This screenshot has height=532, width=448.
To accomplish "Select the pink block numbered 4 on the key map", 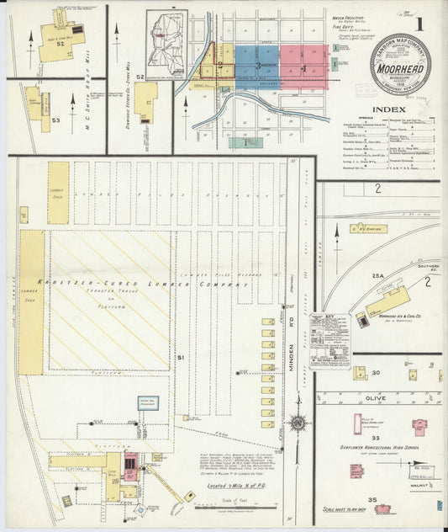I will pos(303,66).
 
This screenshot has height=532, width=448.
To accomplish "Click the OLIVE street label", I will pos(376,397).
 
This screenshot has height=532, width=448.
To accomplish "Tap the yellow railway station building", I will pos(367,227).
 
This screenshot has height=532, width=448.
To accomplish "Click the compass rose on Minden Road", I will pos(297,423).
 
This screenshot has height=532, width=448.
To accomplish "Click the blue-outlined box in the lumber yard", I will pos(149,402).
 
